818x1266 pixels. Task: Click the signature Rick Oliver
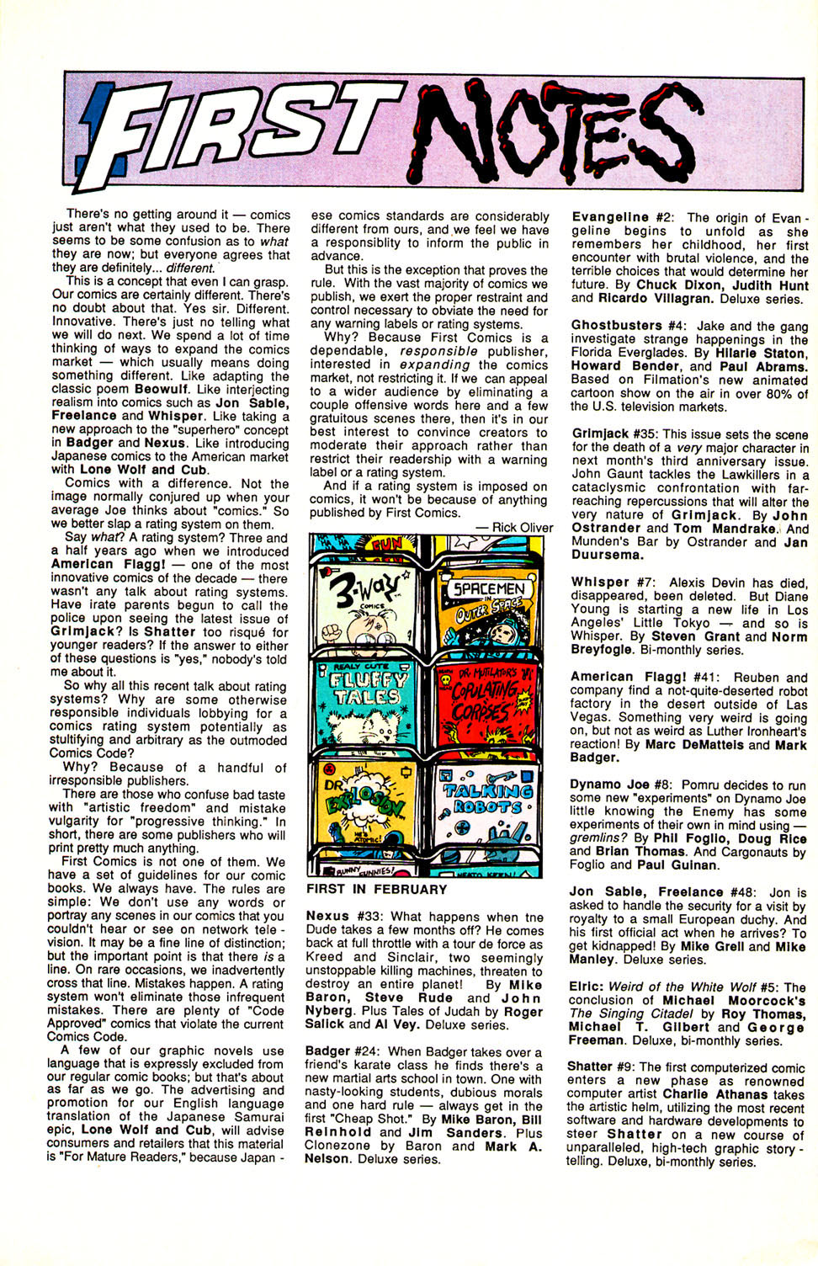tap(521, 528)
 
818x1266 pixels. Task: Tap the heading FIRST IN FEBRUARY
tap(376, 890)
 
